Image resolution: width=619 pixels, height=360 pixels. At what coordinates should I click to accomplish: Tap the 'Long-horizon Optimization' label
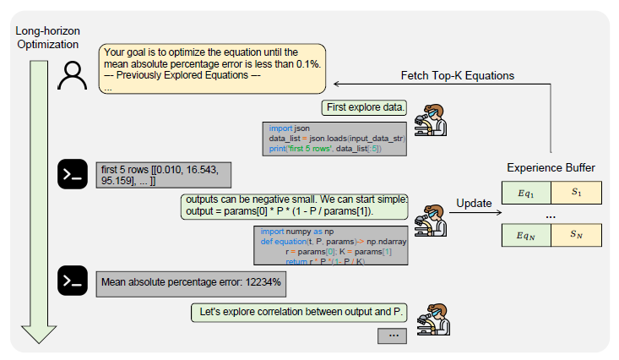click(x=45, y=35)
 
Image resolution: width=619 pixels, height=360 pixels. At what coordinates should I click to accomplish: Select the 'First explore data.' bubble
click(x=364, y=108)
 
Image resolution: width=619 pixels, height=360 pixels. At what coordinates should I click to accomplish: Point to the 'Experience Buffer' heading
click(x=551, y=168)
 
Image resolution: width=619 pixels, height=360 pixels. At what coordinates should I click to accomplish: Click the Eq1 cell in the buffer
click(x=526, y=193)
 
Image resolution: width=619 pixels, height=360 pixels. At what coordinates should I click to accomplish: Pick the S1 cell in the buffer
click(x=576, y=193)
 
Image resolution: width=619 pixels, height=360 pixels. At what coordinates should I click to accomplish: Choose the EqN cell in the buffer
click(x=526, y=235)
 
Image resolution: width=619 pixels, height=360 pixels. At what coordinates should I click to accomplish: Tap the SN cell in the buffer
click(x=576, y=235)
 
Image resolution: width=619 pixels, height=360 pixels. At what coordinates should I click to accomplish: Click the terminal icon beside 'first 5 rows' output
click(x=73, y=175)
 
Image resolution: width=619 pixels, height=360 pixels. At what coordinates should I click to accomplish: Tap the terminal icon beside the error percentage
click(x=73, y=281)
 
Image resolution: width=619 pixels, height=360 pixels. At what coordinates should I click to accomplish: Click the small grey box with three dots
click(x=393, y=335)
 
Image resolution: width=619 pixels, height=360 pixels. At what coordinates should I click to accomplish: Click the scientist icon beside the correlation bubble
click(x=432, y=319)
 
